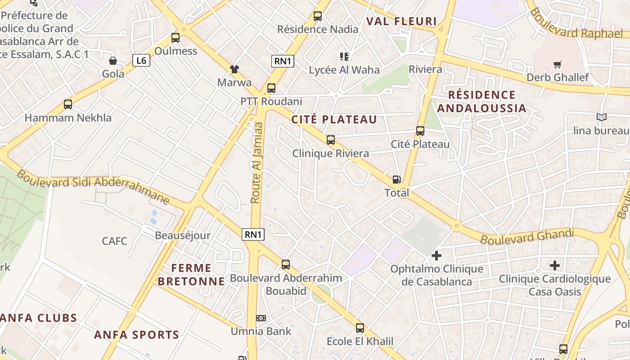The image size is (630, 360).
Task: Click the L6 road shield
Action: [141, 60]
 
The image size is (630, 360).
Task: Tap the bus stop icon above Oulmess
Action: [175, 38]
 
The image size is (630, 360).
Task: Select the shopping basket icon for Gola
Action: [113, 61]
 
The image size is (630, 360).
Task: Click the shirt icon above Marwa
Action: [234, 69]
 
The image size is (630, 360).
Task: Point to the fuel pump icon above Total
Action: [396, 180]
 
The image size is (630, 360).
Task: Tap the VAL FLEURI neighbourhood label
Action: [401, 21]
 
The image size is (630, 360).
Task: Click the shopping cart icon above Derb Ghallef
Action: [558, 64]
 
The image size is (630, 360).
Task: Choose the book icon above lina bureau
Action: [602, 117]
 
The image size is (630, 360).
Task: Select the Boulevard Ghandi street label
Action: [527, 236]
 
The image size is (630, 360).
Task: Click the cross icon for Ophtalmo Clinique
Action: [436, 256]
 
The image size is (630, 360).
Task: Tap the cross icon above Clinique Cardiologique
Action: [555, 265]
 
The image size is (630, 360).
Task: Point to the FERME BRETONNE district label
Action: [191, 275]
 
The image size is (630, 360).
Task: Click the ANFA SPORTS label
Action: [136, 335]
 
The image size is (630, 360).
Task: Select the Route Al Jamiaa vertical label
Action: [256, 162]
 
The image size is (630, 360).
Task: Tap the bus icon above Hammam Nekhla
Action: [68, 104]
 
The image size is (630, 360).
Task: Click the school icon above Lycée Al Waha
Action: [344, 57]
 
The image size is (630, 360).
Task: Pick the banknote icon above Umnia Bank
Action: [261, 318]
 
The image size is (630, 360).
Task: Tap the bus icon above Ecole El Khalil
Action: [360, 328]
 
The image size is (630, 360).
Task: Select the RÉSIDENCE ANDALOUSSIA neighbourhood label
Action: [481, 101]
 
